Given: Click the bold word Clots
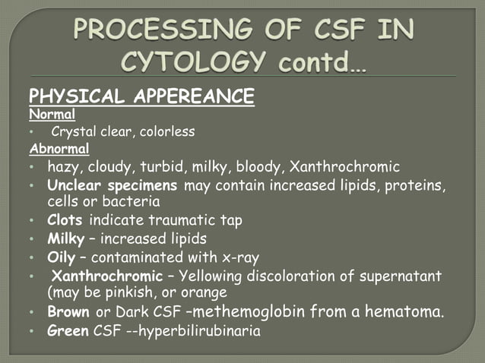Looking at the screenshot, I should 65,220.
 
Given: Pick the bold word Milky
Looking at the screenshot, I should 65,238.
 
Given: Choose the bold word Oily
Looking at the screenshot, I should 61,257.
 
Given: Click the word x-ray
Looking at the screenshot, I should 239,257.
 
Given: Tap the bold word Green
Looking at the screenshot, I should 67,330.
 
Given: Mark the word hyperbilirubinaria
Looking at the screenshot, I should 203,330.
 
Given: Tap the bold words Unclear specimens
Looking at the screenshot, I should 112,185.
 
